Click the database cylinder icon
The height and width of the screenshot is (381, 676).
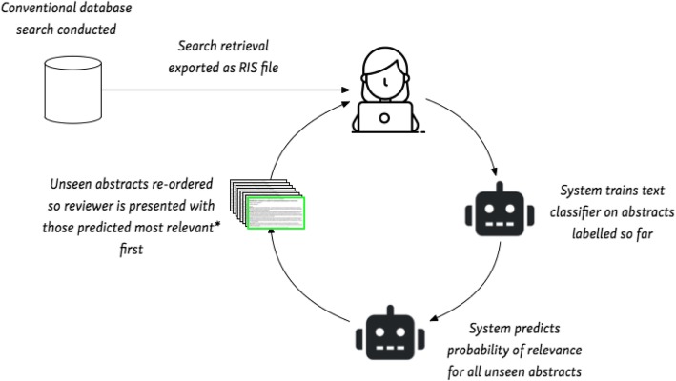coord(73,90)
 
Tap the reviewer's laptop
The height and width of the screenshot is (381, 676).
coord(384,117)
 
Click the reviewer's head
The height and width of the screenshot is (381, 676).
coord(385,74)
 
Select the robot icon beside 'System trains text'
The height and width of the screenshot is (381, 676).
coord(500,210)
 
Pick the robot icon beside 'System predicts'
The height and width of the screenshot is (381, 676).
coord(390,332)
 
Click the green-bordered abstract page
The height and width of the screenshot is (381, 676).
coord(276,212)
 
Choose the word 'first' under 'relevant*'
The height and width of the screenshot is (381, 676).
coord(131,249)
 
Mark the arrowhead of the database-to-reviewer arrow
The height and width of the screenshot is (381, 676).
coord(346,90)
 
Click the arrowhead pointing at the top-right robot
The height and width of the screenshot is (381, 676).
coord(494,171)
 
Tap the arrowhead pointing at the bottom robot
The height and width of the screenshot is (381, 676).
coord(435,318)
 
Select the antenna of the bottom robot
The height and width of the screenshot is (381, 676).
coord(391,311)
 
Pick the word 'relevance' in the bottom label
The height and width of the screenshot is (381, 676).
coord(552,350)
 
